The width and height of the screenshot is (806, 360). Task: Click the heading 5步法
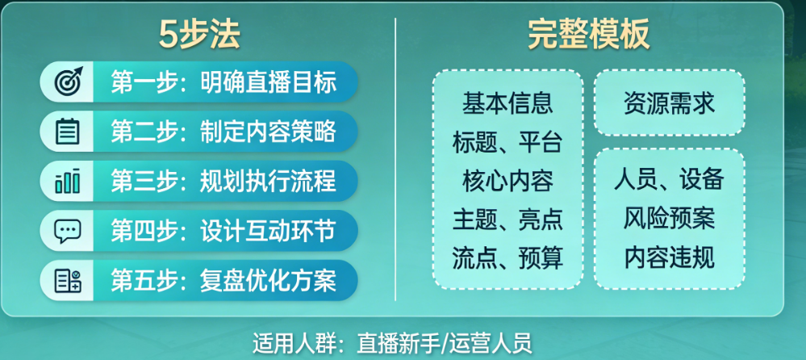(x=199, y=36)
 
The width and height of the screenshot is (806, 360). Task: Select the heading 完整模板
(x=589, y=36)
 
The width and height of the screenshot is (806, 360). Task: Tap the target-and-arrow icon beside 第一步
(x=68, y=82)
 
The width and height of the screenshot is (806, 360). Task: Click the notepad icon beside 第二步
(x=68, y=131)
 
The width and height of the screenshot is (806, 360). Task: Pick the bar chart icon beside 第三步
(x=68, y=181)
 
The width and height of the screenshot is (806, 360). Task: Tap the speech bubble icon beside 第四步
(x=68, y=231)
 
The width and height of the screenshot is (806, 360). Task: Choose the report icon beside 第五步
(x=68, y=281)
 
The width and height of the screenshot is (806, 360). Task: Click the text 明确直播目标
(x=269, y=82)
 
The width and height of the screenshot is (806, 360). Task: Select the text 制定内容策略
(x=269, y=132)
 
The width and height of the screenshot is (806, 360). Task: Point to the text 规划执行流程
(x=269, y=181)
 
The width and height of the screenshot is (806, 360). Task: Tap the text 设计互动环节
(x=269, y=231)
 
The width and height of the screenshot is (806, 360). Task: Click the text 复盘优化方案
(x=269, y=281)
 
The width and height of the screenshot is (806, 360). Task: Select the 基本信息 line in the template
(x=507, y=103)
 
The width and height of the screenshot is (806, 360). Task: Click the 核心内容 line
(x=507, y=181)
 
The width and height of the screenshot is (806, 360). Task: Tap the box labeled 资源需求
(x=670, y=103)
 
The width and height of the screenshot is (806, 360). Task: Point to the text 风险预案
(x=670, y=219)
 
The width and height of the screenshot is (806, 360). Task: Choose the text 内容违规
(x=670, y=258)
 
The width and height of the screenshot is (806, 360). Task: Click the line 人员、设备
(x=670, y=179)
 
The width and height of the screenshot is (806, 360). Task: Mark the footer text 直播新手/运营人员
(x=444, y=343)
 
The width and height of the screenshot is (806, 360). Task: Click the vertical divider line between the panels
(x=395, y=160)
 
